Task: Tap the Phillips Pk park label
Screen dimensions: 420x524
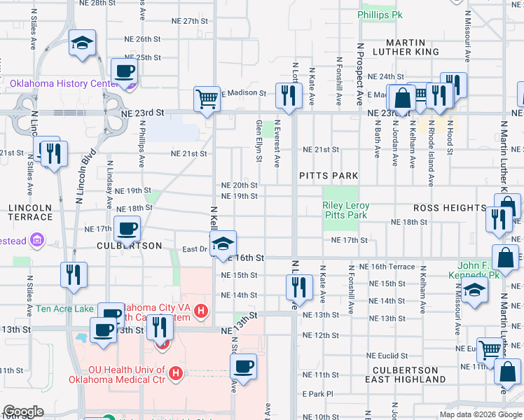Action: [x=380, y=14]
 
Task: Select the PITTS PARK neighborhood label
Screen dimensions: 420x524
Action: [x=329, y=176]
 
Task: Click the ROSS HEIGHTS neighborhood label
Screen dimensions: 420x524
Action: [x=449, y=208]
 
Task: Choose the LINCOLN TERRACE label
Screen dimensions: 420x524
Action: [x=31, y=213]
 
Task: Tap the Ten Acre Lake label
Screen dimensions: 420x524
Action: [x=67, y=308]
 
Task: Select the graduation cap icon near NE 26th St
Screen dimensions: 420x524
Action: [x=82, y=43]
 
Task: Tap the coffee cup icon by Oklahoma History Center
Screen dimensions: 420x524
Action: [x=124, y=71]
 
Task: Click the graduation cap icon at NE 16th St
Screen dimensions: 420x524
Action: [x=223, y=244]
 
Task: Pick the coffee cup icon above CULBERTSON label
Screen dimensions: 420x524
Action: [x=127, y=228]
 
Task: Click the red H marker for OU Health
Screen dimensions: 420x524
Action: [x=176, y=374]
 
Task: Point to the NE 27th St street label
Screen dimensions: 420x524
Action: [x=181, y=21]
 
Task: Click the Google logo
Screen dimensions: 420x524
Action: [x=23, y=412]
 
